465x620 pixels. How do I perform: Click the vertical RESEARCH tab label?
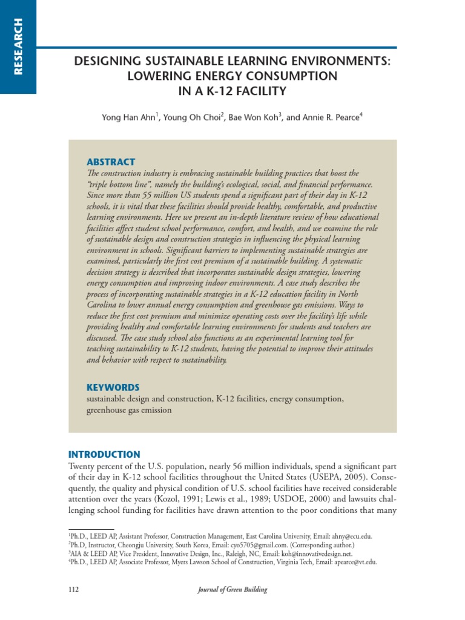[x=18, y=47]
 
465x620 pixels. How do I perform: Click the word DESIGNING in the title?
[x=102, y=62]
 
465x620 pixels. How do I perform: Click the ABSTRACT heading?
[x=111, y=162]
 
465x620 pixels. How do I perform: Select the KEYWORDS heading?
[x=113, y=387]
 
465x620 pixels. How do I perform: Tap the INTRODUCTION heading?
[x=104, y=454]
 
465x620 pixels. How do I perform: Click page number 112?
[x=73, y=589]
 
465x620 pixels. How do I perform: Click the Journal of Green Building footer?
[x=232, y=589]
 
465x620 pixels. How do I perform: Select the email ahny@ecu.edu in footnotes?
[x=349, y=536]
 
